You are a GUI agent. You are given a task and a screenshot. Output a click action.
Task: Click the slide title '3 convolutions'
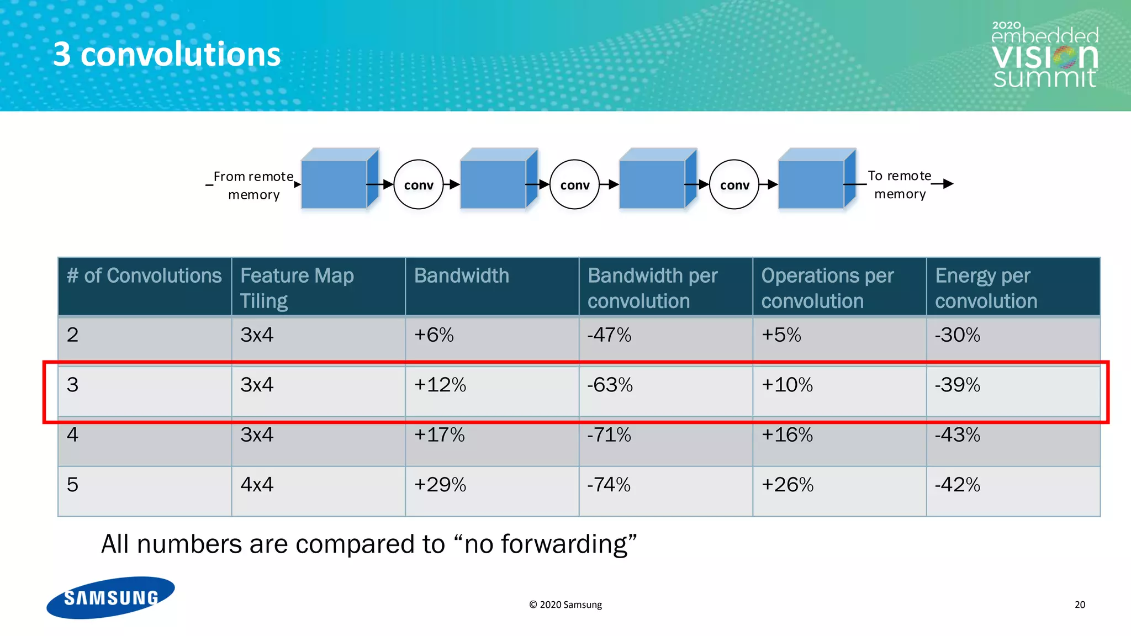pyautogui.click(x=167, y=55)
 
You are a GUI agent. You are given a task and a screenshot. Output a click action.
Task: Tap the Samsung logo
pyautogui.click(x=110, y=597)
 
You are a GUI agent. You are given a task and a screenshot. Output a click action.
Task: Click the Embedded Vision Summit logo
pyautogui.click(x=1045, y=56)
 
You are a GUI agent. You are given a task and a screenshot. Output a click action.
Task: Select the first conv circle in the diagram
pyautogui.click(x=419, y=184)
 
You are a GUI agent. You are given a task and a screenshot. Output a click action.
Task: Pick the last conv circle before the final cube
pyautogui.click(x=734, y=184)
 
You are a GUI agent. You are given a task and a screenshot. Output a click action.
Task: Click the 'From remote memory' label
pyautogui.click(x=253, y=185)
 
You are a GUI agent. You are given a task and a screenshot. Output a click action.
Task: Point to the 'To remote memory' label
pyautogui.click(x=900, y=184)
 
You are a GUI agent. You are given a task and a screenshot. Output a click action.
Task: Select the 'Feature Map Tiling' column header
pyautogui.click(x=297, y=287)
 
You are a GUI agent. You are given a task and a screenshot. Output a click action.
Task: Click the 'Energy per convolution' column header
pyautogui.click(x=986, y=287)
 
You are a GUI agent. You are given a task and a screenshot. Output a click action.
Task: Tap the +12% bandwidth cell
pyautogui.click(x=440, y=385)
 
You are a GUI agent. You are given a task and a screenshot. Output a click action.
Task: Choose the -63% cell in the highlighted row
pyautogui.click(x=610, y=385)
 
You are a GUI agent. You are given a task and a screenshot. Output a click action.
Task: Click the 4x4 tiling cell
pyautogui.click(x=257, y=485)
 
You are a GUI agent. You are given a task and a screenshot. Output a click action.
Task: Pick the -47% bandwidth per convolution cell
pyautogui.click(x=609, y=335)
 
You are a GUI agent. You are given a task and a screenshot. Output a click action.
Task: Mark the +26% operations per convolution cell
pyautogui.click(x=787, y=485)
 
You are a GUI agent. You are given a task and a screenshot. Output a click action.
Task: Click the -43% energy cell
pyautogui.click(x=957, y=435)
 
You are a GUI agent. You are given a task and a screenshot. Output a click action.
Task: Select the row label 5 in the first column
pyautogui.click(x=72, y=485)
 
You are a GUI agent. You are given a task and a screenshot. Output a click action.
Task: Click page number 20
pyautogui.click(x=1080, y=605)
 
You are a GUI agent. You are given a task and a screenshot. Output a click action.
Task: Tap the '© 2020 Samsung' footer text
pyautogui.click(x=565, y=605)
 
